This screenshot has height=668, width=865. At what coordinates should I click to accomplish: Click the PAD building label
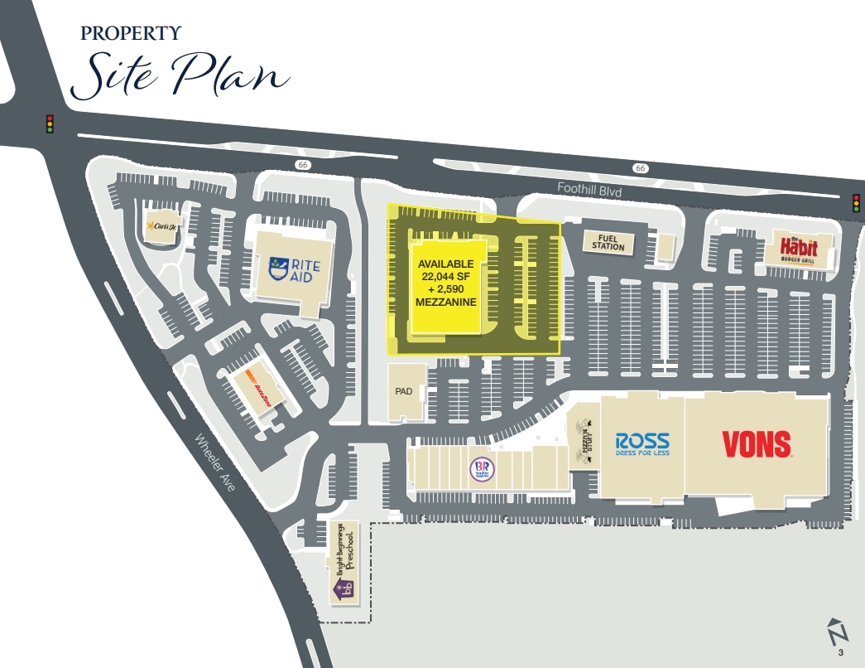point(403,390)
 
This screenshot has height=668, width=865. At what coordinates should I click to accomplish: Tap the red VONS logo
point(757,444)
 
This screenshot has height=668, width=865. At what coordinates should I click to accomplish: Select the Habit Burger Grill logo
point(798,249)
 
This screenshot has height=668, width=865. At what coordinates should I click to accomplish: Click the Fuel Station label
point(608,242)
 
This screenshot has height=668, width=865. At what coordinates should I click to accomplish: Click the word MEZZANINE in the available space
point(445,303)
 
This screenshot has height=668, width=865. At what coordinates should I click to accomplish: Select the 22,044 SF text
point(445,276)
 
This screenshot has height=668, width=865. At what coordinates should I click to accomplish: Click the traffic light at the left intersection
point(50,123)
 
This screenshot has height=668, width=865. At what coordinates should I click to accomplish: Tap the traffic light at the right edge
point(857,202)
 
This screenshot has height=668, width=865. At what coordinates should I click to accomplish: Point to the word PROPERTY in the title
point(131,34)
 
